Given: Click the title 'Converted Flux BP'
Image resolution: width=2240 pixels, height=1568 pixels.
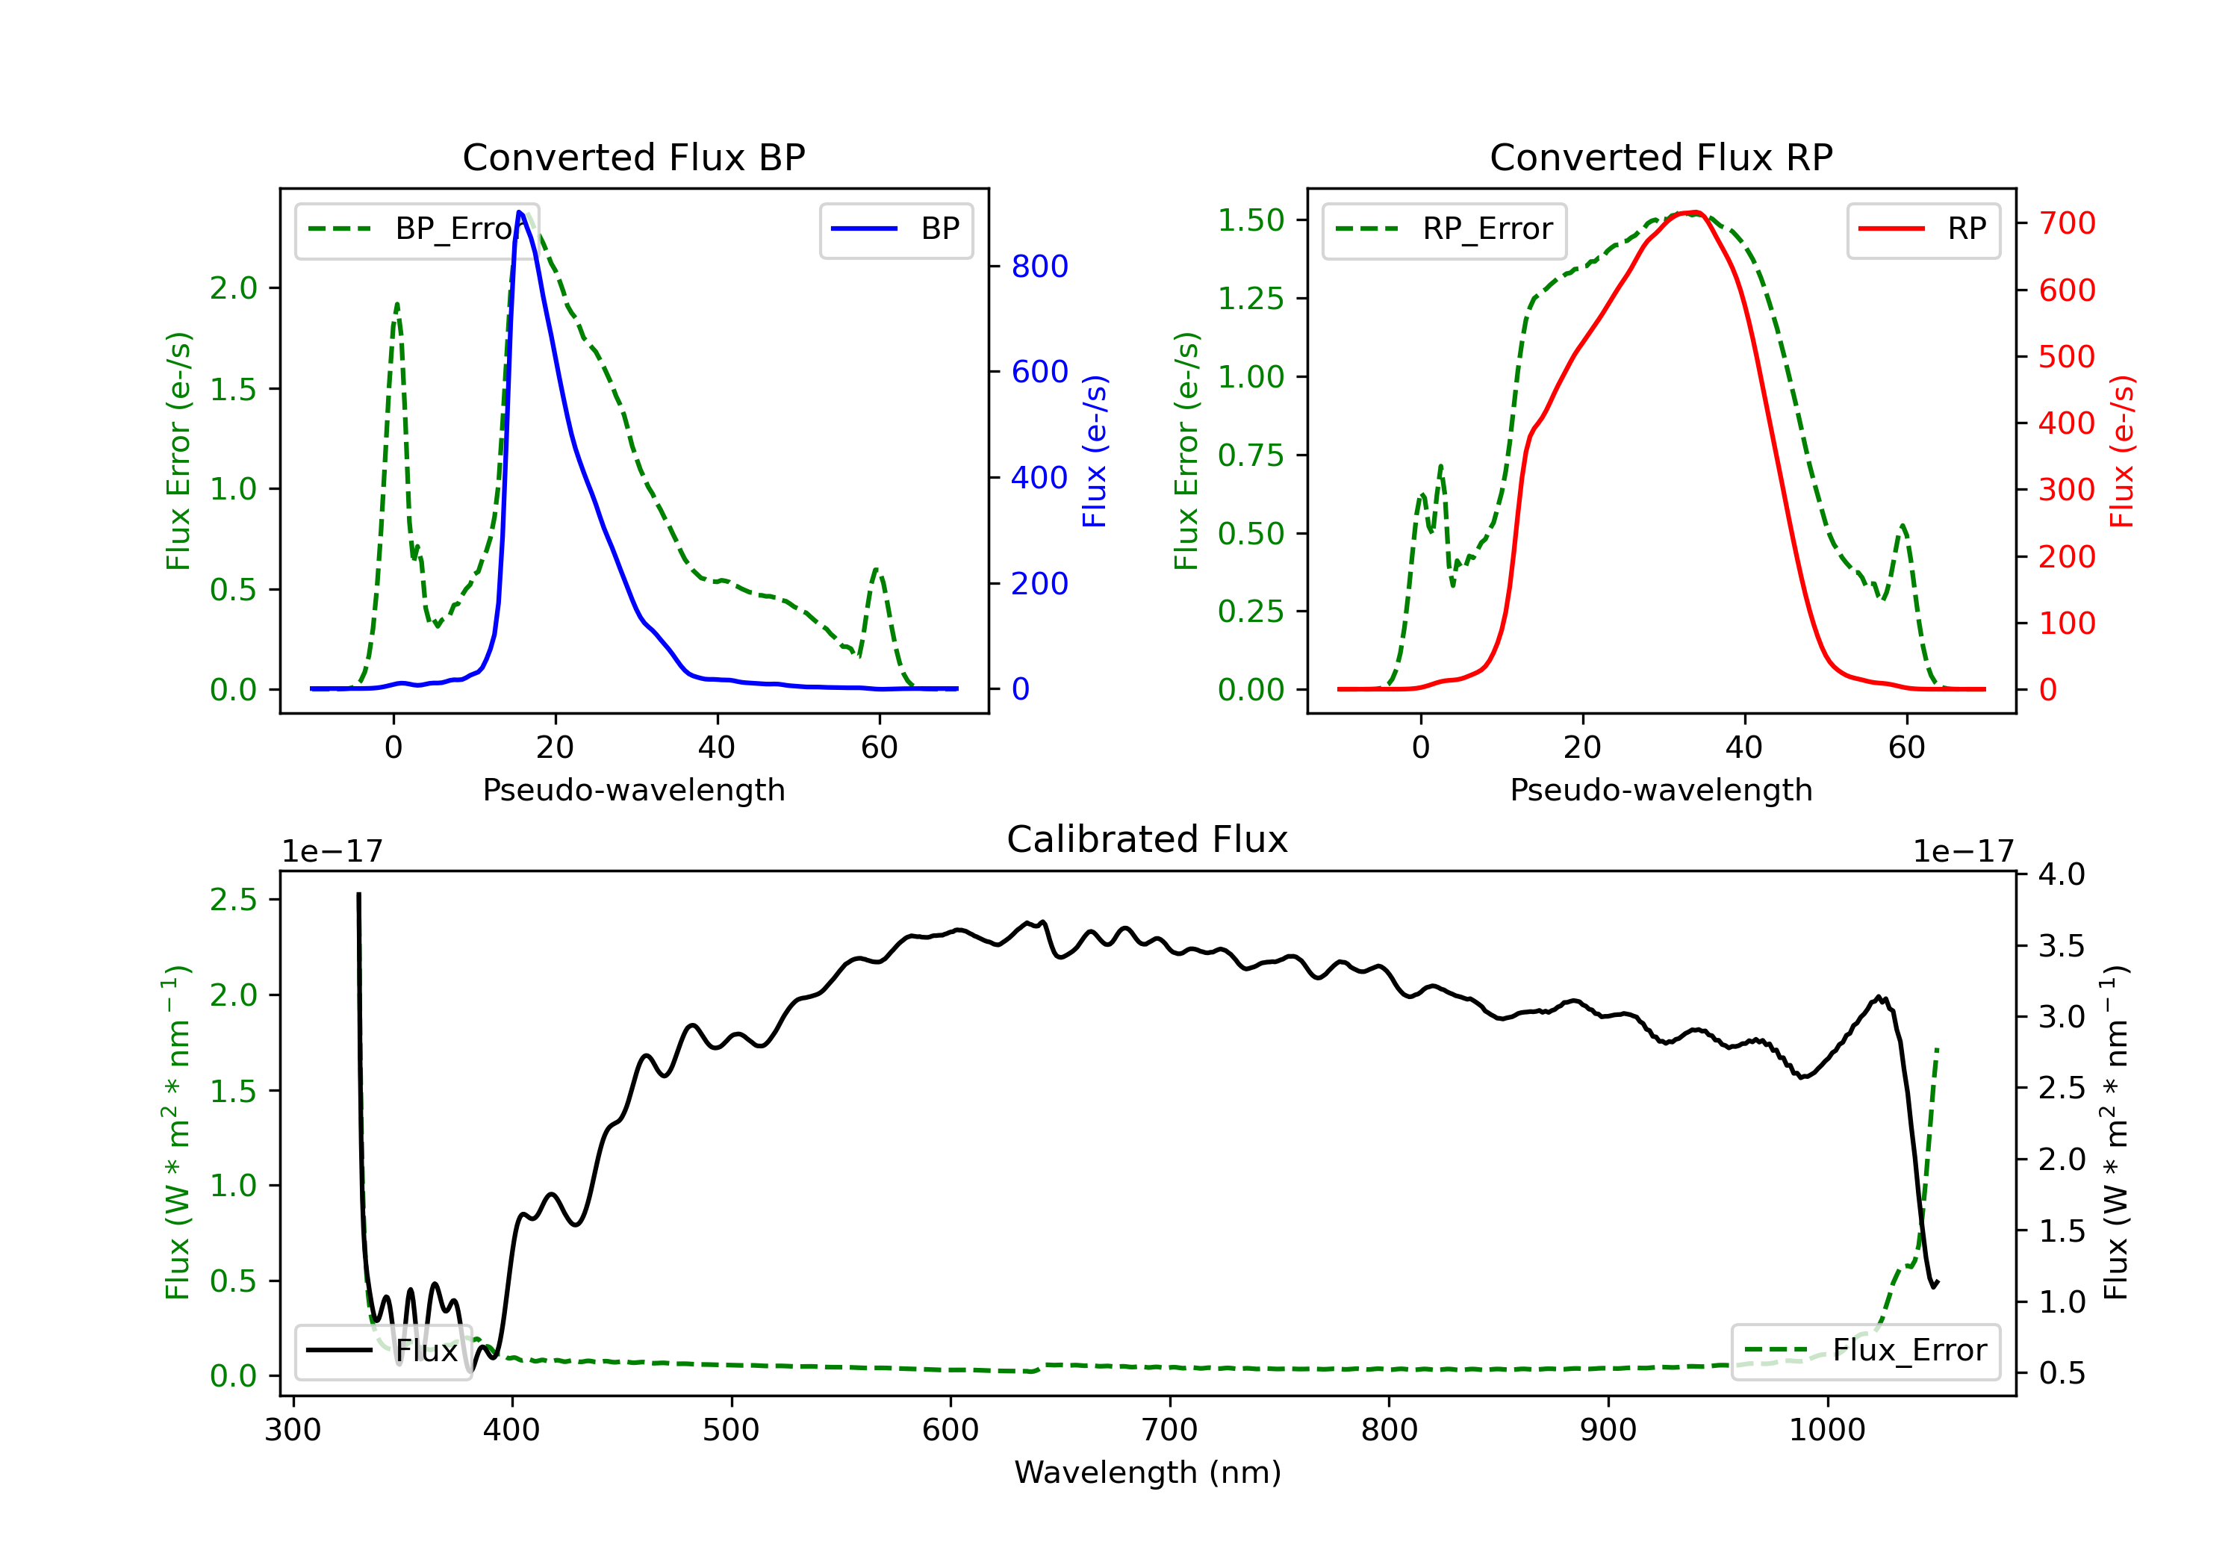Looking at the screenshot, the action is click(633, 157).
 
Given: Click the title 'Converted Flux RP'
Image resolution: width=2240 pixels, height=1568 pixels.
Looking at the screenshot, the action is click(1661, 157).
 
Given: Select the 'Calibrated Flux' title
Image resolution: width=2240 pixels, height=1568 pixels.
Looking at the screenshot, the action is click(1148, 839).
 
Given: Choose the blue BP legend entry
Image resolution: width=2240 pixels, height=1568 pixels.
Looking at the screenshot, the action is click(895, 229).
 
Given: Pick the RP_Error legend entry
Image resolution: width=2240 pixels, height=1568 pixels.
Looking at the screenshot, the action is click(1444, 229).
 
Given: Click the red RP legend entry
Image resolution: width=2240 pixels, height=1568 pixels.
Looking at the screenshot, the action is click(1923, 229).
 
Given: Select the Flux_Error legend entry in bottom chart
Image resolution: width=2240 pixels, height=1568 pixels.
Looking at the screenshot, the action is click(1865, 1351).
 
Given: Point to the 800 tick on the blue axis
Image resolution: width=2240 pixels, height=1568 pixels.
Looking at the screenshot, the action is click(1039, 267).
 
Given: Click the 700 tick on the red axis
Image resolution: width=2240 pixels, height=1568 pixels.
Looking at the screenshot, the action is click(2066, 223).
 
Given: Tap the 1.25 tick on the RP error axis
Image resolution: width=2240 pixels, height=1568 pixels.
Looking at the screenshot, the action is click(1251, 299).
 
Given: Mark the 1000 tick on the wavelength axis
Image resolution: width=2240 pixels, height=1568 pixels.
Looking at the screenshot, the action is click(1826, 1431).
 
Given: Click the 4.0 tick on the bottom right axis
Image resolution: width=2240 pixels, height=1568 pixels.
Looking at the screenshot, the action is click(2062, 874).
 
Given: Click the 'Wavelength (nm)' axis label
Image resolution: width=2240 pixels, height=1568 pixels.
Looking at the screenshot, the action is click(1148, 1472).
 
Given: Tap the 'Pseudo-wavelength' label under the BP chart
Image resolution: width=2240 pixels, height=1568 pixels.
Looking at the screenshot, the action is click(634, 789).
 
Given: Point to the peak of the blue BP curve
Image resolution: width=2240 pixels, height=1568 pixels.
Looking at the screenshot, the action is click(520, 212).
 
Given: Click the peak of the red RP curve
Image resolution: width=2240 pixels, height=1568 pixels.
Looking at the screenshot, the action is click(1696, 212).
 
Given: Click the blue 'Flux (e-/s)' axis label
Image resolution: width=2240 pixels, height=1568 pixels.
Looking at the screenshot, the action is click(1095, 451).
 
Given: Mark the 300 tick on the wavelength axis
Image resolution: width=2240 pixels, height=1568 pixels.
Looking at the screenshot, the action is click(293, 1431).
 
